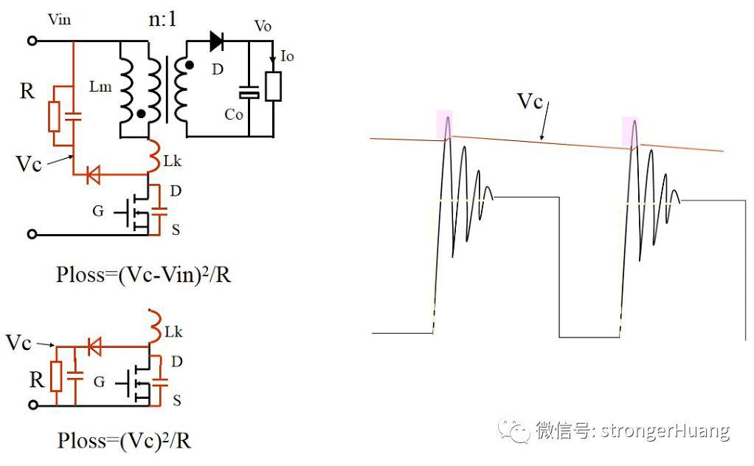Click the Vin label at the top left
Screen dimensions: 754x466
(59, 20)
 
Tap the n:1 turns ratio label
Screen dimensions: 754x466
(162, 19)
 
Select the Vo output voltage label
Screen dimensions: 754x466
(263, 26)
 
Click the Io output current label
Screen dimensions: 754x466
(286, 56)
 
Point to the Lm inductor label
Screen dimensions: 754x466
(100, 86)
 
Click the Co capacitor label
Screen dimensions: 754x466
(234, 114)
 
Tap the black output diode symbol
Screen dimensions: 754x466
(217, 41)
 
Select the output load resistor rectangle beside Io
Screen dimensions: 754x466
(273, 86)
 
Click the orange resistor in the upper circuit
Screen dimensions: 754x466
(54, 117)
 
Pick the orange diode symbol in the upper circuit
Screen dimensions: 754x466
(93, 174)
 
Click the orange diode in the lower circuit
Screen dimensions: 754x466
(94, 346)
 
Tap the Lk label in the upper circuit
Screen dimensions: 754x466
(172, 161)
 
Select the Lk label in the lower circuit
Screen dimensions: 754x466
(173, 332)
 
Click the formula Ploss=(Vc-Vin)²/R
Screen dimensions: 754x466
(143, 275)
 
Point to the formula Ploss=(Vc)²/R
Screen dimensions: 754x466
(124, 440)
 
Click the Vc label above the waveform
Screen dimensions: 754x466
(530, 102)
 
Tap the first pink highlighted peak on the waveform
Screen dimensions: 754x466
(444, 125)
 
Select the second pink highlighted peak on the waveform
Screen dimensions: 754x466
(630, 131)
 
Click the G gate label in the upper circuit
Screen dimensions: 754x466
(97, 211)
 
